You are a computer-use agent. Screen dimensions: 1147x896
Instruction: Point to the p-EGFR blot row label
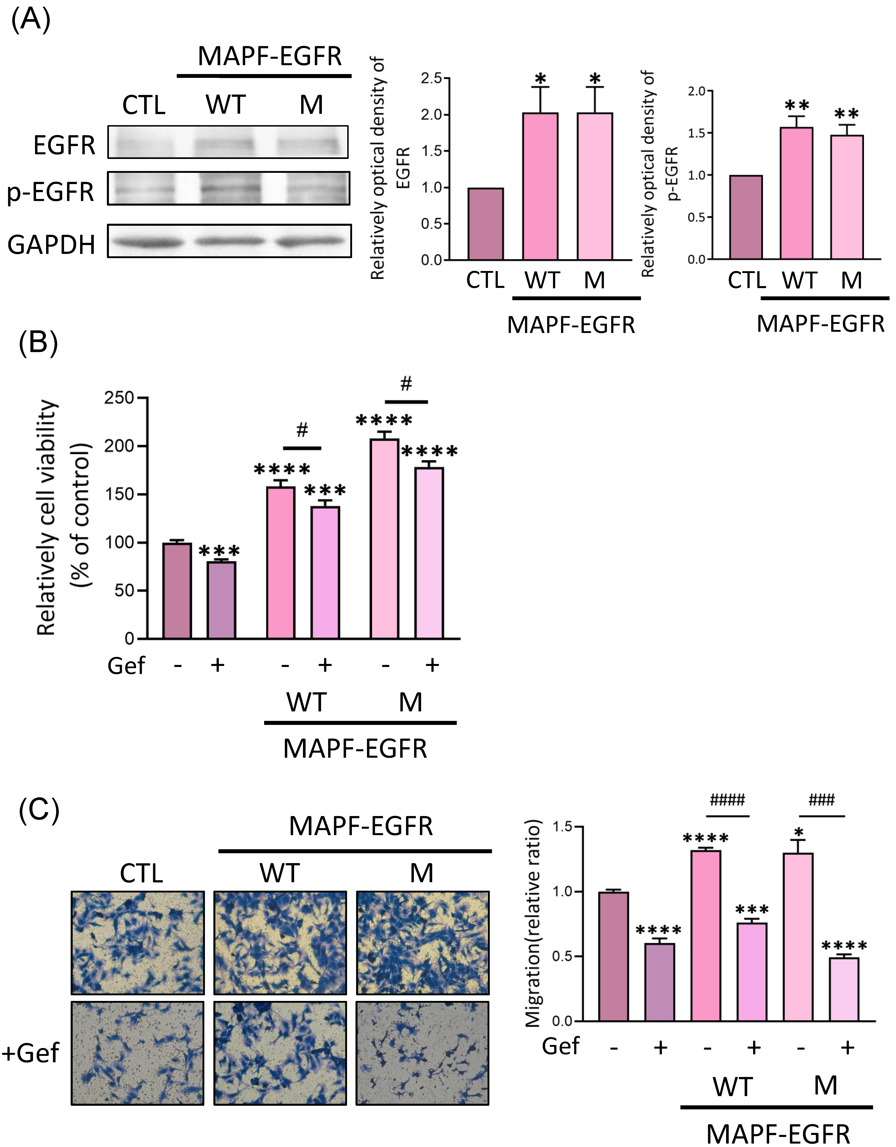pyautogui.click(x=51, y=192)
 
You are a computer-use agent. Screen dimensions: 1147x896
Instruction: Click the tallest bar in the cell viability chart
pyautogui.click(x=384, y=538)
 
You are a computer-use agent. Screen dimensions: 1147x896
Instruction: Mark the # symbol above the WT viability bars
pyautogui.click(x=302, y=431)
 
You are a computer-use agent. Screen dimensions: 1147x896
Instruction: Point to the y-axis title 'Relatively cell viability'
pyautogui.click(x=47, y=517)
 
